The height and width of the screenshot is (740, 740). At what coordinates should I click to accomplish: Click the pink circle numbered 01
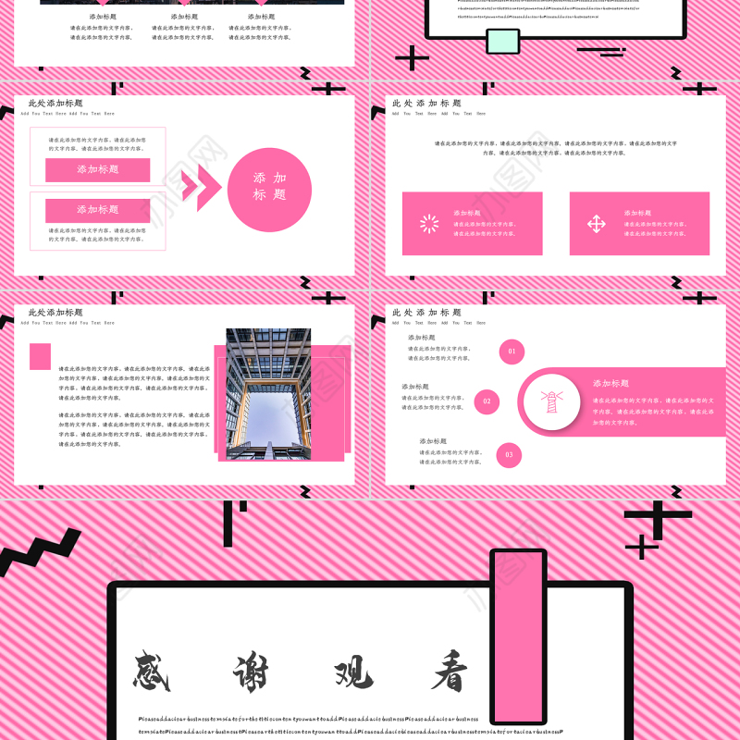pos(512,351)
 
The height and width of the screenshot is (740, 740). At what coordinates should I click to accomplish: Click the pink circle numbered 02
pos(487,401)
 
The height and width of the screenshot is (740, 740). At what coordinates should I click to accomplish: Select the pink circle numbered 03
pos(509,454)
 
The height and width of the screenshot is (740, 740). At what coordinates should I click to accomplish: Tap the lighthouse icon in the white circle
pos(552,401)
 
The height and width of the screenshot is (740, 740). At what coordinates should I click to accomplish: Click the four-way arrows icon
pos(597,224)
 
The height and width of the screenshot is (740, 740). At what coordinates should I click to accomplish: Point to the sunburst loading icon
pos(429,224)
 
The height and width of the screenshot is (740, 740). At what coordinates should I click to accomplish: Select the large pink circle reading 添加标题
pos(269,189)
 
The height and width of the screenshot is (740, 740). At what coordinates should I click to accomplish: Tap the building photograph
pos(268,393)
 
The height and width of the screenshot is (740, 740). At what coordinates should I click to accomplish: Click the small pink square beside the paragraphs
pos(40,356)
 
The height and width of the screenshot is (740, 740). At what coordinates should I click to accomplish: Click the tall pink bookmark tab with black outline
pos(518,636)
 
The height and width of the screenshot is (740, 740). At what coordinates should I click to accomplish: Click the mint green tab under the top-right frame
pos(502,41)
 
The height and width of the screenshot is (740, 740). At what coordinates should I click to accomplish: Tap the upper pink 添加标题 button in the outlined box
pos(97,170)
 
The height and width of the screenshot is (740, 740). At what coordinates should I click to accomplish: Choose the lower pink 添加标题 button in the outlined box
pos(97,210)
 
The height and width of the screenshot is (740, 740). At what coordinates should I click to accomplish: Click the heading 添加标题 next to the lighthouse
pos(610,383)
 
